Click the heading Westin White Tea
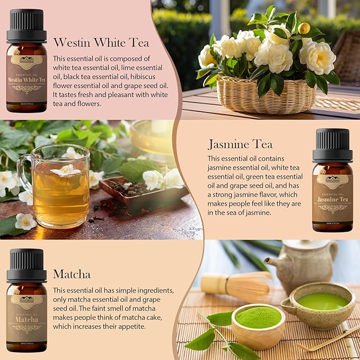(x=101, y=42)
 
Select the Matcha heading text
(x=72, y=274)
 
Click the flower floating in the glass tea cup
(x=66, y=171)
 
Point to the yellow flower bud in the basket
(x=304, y=28)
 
